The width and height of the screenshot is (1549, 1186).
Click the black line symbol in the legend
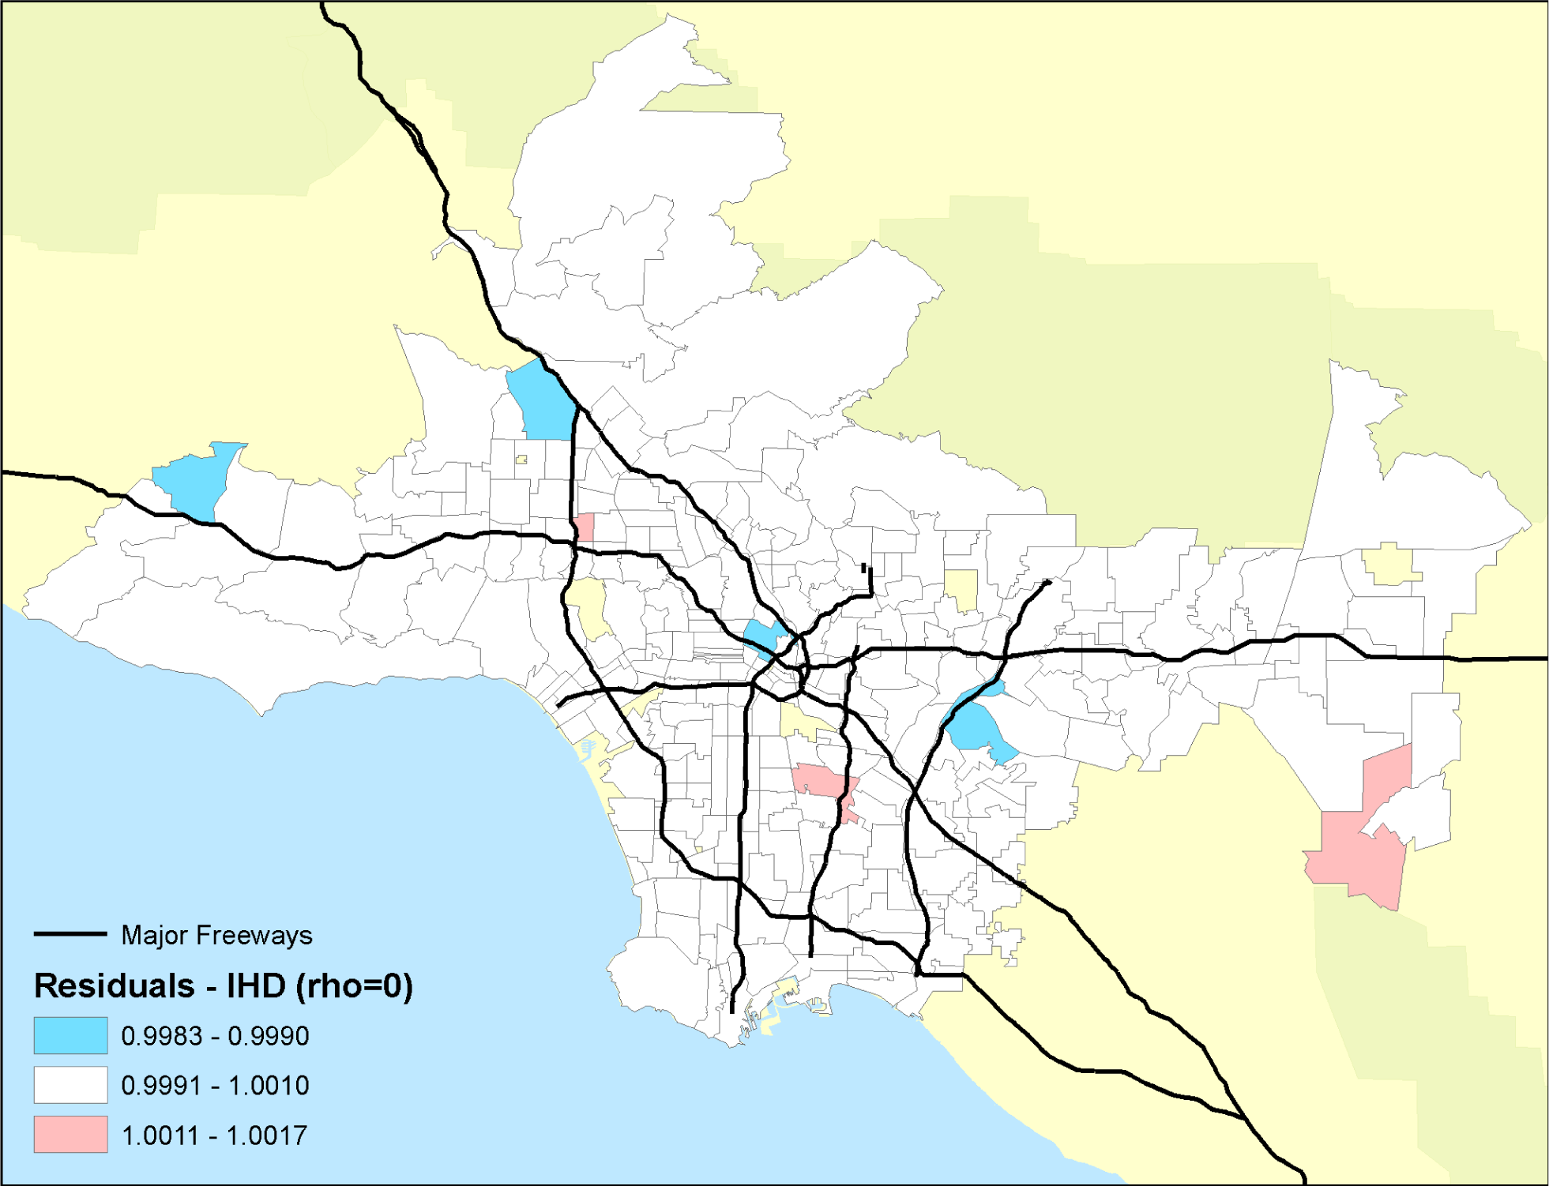coord(70,934)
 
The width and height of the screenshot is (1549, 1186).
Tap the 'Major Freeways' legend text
coord(216,936)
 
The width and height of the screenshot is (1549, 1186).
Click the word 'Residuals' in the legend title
coord(114,986)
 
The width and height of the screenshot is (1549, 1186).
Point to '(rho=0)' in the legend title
coord(354,986)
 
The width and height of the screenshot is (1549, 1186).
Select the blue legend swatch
coord(70,1035)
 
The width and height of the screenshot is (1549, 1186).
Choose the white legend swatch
coord(70,1085)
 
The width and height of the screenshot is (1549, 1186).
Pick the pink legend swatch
coord(70,1135)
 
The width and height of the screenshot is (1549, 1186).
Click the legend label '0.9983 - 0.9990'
coord(215,1036)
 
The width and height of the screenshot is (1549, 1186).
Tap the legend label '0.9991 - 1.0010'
coord(215,1086)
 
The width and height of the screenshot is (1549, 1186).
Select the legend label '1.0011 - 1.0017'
coord(214,1135)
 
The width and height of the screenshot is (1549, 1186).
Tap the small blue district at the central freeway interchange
coord(763,636)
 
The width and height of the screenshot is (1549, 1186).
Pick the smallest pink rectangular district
coord(585,527)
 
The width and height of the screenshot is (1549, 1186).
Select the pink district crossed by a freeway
coord(825,783)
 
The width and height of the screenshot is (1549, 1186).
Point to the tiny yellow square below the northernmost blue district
coord(521,460)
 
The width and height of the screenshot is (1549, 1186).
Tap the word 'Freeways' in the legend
coord(254,936)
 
